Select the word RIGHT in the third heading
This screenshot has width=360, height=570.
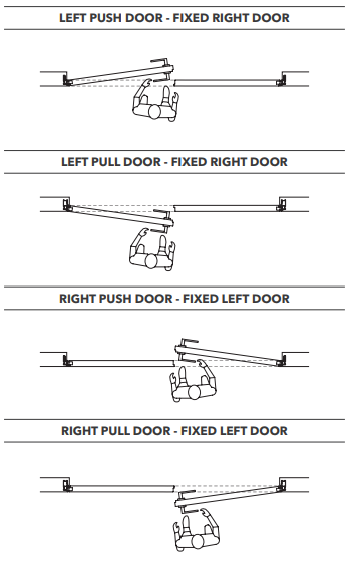point(77,299)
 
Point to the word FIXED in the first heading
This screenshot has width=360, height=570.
point(191,18)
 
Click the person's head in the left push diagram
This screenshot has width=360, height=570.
point(155,112)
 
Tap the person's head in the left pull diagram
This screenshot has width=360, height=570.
point(151,261)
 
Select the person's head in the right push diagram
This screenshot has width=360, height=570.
point(195,393)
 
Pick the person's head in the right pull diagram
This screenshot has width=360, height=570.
point(198,541)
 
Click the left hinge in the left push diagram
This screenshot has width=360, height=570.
point(67,80)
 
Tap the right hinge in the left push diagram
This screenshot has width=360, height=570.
point(281,81)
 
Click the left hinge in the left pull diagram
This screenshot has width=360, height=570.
point(67,204)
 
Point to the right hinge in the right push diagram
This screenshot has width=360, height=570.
point(281,361)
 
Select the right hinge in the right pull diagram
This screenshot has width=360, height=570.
point(281,486)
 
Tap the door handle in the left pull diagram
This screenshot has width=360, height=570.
point(162,221)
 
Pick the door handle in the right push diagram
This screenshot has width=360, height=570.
point(186,350)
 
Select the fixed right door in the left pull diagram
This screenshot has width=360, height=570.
point(225,208)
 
